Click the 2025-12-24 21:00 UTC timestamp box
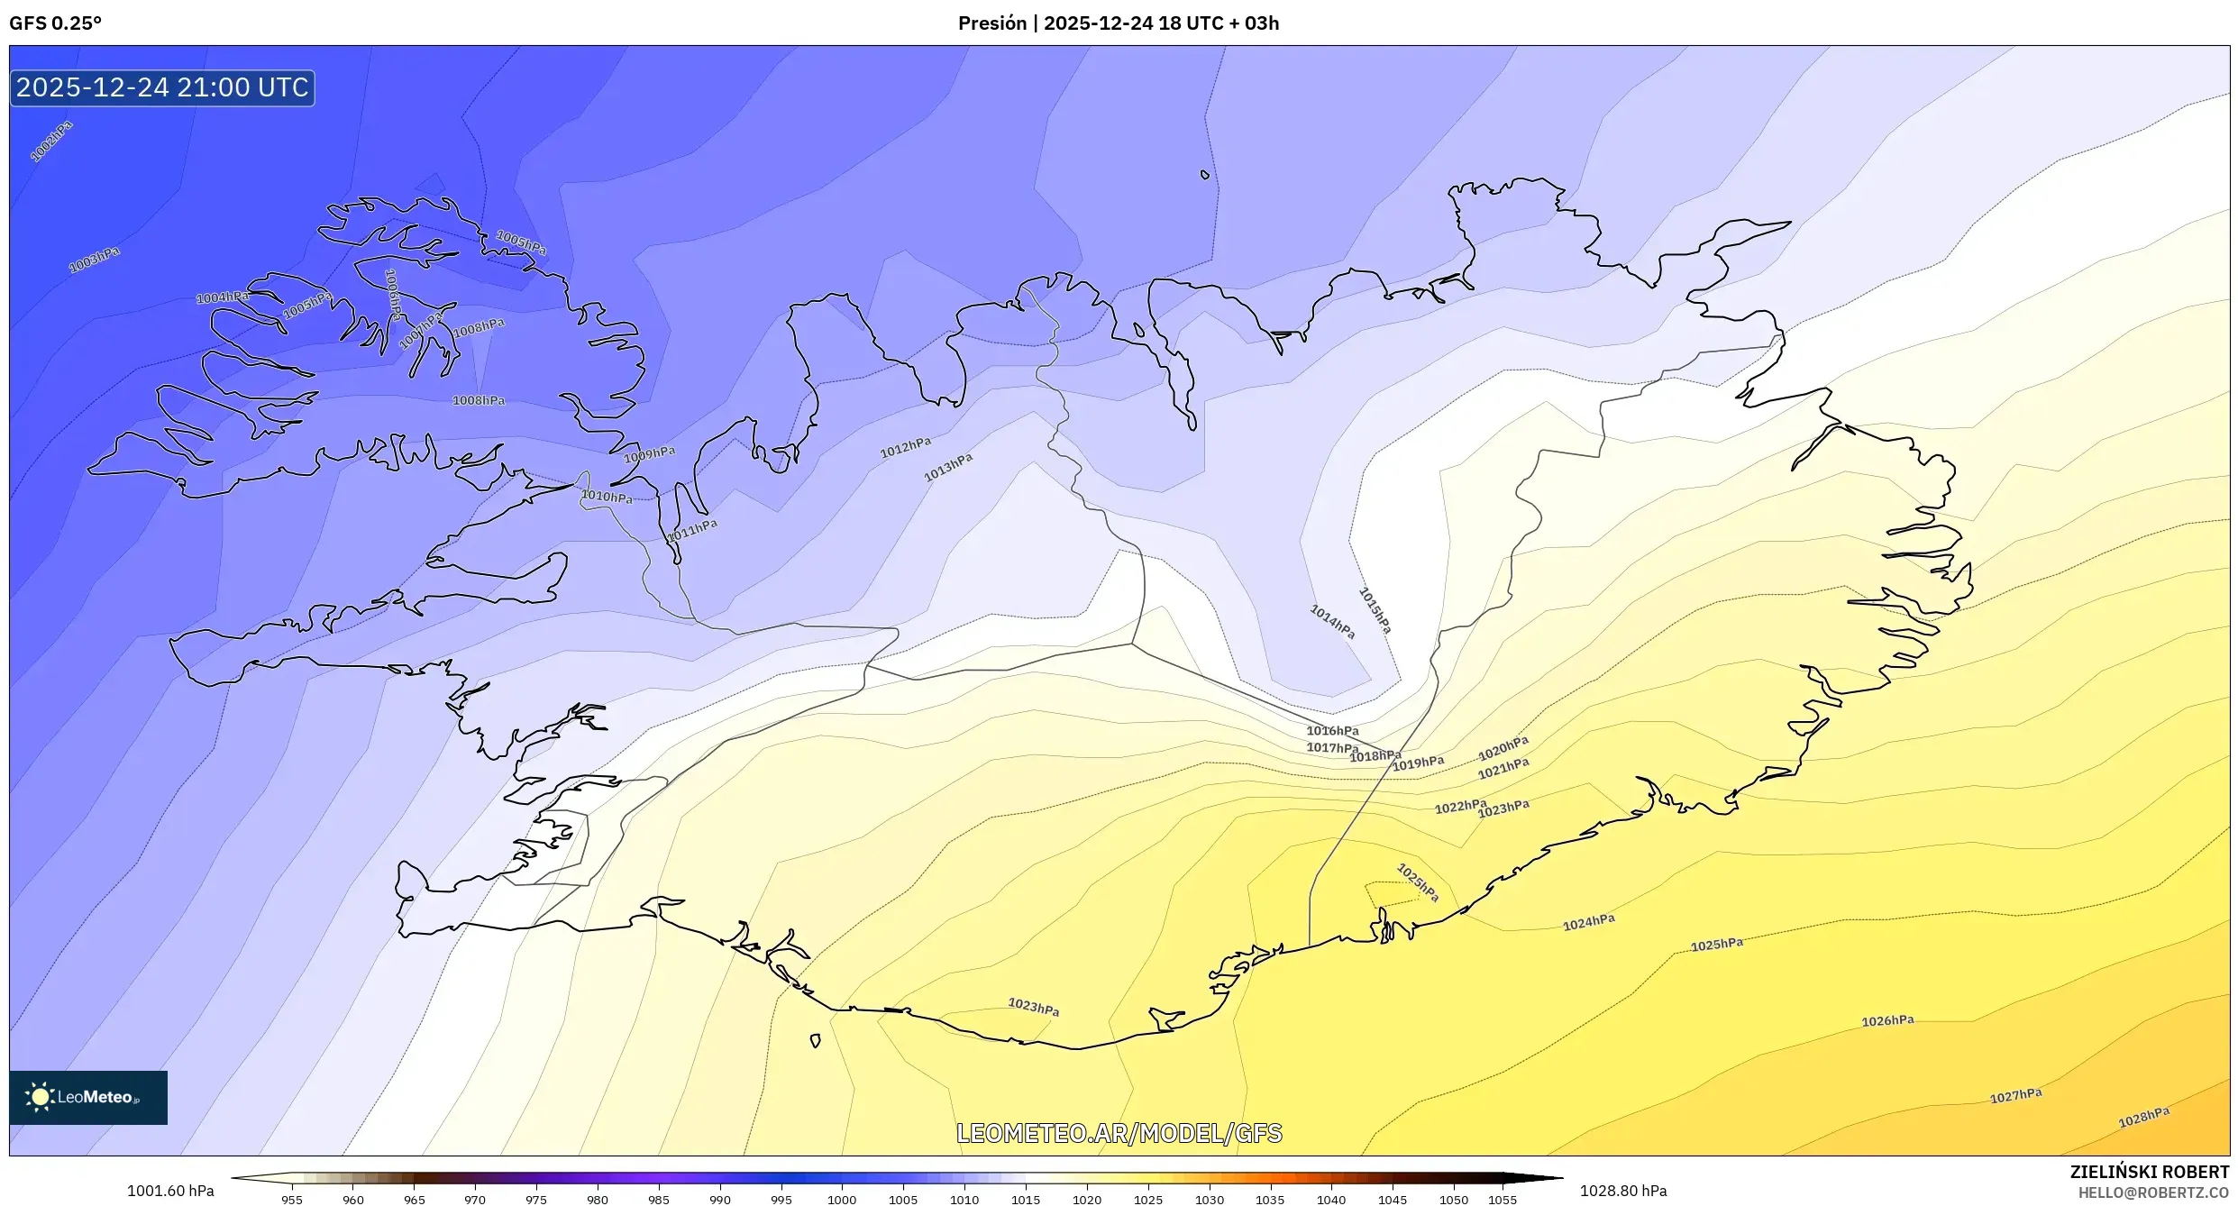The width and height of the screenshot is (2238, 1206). tap(162, 87)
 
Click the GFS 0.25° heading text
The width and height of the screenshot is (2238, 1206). tap(55, 23)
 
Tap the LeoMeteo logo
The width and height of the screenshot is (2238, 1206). tap(87, 1097)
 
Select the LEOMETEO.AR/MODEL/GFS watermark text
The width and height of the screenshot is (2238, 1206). tap(1119, 1133)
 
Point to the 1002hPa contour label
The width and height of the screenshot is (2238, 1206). tap(51, 142)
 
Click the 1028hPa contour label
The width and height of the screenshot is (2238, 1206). tap(2143, 1118)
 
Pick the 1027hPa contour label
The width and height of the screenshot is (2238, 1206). tap(2015, 1096)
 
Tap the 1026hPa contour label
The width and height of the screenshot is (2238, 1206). tap(1887, 1021)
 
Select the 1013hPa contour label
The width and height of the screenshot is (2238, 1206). tap(948, 467)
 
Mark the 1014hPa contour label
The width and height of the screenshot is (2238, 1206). tap(1332, 622)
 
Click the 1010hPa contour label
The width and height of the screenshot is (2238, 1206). tap(607, 497)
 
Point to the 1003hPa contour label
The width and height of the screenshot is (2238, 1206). tap(95, 259)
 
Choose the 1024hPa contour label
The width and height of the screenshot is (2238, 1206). tap(1588, 922)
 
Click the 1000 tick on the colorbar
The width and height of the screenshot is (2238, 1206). tap(842, 1200)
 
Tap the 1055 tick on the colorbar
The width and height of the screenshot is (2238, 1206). tap(1503, 1200)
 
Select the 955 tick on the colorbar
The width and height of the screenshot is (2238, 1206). tap(292, 1200)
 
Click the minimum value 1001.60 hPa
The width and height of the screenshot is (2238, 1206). tap(170, 1191)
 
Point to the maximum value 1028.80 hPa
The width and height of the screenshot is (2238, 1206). tap(1623, 1191)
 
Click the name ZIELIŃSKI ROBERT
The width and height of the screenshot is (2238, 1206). tap(2149, 1172)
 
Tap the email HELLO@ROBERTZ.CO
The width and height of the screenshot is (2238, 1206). tap(2153, 1192)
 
